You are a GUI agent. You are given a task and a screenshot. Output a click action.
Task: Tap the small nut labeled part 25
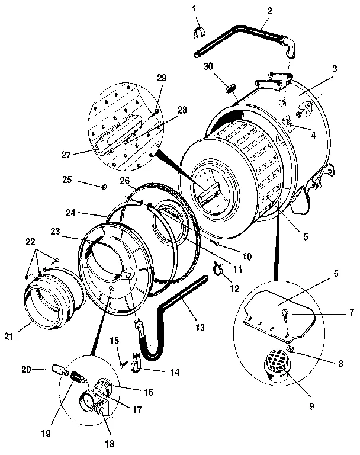[x=104, y=187]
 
